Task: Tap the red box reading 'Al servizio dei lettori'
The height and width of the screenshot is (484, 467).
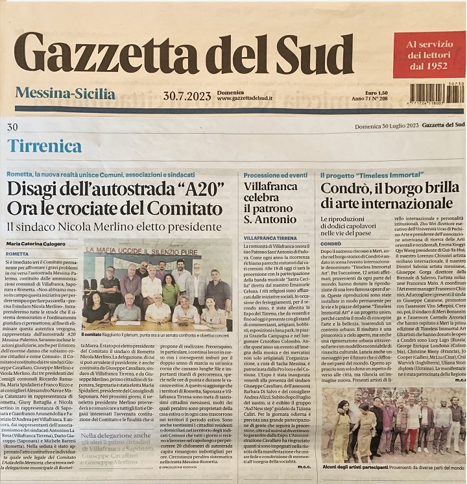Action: (429, 54)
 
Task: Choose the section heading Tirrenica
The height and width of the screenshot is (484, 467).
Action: (45, 145)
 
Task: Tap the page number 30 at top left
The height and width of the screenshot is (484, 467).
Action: (12, 127)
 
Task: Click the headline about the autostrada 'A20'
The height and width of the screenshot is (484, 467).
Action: (115, 199)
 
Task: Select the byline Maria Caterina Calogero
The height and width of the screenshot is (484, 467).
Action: (36, 244)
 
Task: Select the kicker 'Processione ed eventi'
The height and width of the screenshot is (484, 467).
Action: (276, 175)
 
